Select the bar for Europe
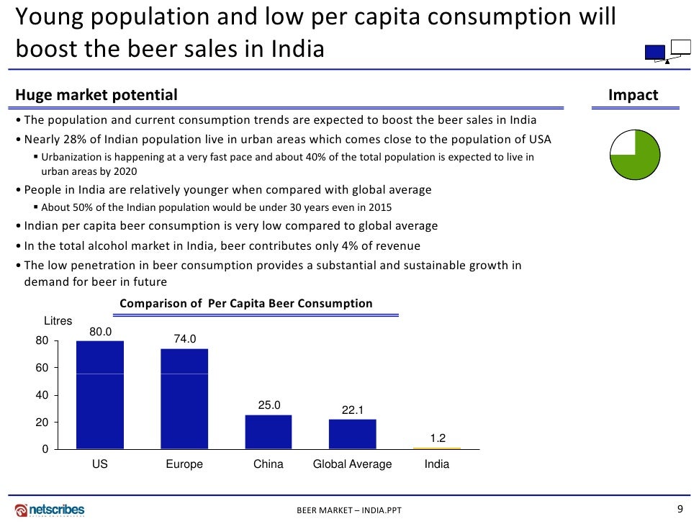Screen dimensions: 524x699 pos(184,399)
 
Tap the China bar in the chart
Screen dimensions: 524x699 pos(269,432)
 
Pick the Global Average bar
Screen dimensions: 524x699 pos(352,434)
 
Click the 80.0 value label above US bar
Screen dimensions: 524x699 pos(100,331)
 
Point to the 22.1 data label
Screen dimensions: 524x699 pos(353,410)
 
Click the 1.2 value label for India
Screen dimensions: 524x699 pos(437,438)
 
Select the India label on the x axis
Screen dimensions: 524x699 pos(437,464)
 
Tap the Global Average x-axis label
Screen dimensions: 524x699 pos(352,464)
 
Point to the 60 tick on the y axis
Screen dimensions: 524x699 pos(42,368)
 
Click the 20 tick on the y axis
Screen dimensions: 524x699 pos(42,423)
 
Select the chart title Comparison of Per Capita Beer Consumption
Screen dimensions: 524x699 pos(246,304)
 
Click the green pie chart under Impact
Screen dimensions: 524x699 pos(635,155)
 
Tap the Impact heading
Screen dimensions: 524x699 pos(633,95)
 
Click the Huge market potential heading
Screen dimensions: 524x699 pos(96,95)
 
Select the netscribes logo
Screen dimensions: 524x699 pos(50,510)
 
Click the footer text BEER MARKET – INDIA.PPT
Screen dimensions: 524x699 pos(350,510)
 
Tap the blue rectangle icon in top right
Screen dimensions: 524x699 pos(654,52)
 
